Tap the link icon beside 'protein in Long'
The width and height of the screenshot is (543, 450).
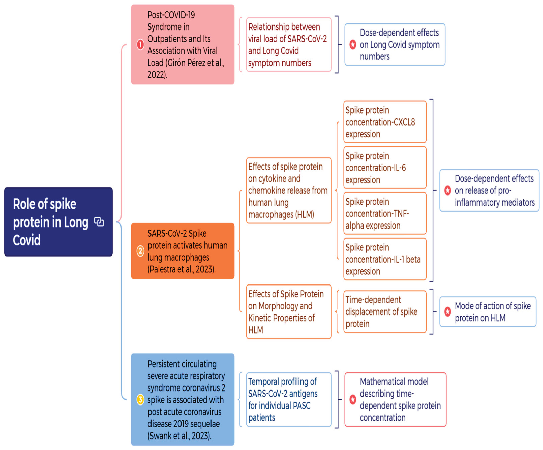tap(99, 222)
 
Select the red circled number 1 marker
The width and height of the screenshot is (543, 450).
tap(140, 44)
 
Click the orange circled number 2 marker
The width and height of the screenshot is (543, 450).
tap(140, 251)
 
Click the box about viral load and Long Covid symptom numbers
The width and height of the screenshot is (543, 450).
tap(289, 44)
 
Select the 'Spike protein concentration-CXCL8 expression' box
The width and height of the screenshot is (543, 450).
tap(384, 122)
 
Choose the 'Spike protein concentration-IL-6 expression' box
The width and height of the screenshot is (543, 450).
tap(384, 168)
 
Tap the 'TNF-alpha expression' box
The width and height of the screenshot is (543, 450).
tap(384, 213)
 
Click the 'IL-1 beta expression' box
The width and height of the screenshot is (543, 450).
tap(384, 259)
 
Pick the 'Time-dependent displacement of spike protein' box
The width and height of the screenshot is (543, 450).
tap(384, 311)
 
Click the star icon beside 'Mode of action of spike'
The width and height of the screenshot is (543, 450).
tap(448, 311)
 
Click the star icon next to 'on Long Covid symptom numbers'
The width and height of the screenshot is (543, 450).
tap(353, 44)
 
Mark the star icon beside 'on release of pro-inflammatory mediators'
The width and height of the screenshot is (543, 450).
tap(448, 190)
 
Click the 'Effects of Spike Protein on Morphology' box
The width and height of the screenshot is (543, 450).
tap(289, 311)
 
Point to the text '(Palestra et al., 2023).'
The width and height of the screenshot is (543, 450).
tap(181, 269)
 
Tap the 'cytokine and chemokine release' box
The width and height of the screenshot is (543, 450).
tap(289, 190)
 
